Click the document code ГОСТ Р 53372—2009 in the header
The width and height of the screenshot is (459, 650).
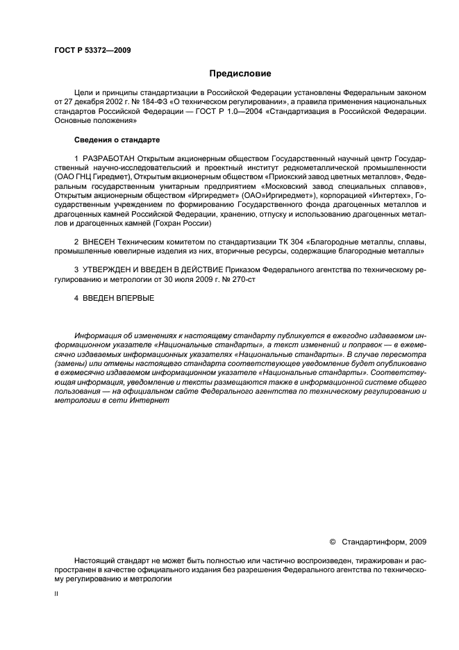point(92,51)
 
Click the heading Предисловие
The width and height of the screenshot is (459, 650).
point(240,73)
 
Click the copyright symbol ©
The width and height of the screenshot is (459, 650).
point(332,541)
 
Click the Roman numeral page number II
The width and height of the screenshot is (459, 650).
point(56,595)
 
